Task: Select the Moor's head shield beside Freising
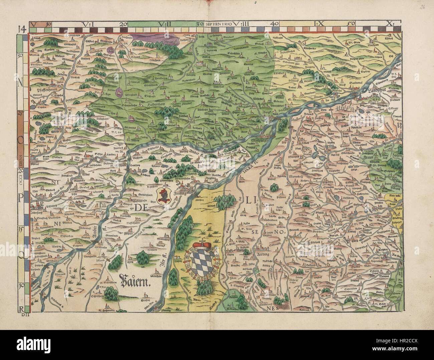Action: (x=164, y=197)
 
